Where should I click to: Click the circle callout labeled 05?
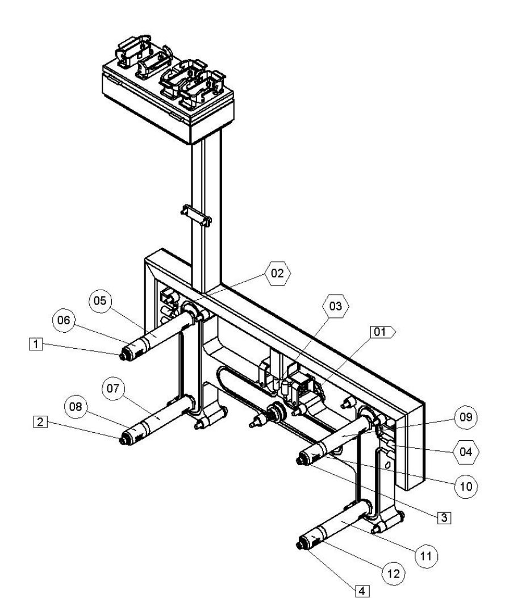100,301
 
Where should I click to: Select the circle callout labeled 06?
63,321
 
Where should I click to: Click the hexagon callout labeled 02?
277,273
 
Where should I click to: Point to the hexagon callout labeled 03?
336,307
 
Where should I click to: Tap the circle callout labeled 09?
466,417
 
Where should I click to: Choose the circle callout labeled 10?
466,486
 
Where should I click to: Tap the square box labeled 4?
360,591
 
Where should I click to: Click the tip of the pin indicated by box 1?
122,356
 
